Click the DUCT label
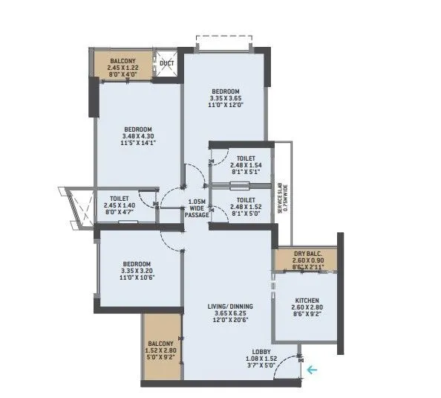click(167, 63)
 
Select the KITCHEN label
click(305, 300)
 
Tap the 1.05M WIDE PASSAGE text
click(197, 208)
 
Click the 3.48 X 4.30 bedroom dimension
click(138, 136)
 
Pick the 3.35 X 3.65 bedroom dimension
click(226, 98)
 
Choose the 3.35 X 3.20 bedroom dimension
click(137, 272)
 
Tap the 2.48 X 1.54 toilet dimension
click(246, 167)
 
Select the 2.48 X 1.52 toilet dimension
click(246, 208)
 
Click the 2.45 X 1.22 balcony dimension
click(122, 67)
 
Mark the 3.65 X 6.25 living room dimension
click(230, 315)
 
